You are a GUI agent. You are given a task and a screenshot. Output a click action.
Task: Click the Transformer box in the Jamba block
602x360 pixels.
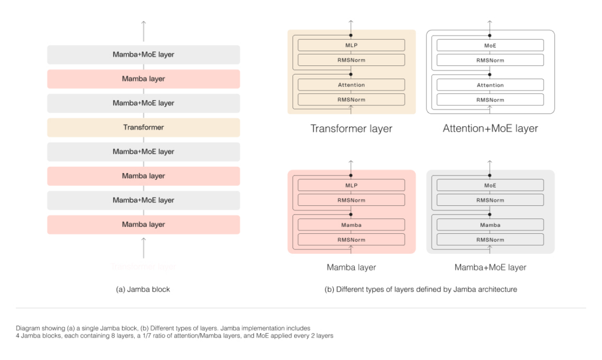tap(143, 127)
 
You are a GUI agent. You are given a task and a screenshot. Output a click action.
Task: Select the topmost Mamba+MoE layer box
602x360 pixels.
tap(143, 54)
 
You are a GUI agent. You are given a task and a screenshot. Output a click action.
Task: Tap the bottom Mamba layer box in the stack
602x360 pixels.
tap(143, 225)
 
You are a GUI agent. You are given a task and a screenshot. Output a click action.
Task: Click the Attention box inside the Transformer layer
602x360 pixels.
tap(351, 85)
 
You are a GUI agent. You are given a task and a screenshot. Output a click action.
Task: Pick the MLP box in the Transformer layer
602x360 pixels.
tap(351, 45)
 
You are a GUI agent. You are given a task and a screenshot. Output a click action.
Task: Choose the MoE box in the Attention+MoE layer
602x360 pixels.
tap(490, 45)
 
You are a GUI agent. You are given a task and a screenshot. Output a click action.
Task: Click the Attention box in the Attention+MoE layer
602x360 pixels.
tap(490, 85)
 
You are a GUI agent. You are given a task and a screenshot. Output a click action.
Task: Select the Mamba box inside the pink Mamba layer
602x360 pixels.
tap(351, 225)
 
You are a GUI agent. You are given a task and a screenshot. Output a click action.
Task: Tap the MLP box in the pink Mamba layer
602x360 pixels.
tap(351, 185)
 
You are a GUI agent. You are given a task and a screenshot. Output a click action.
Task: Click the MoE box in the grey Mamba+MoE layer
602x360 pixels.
tap(490, 185)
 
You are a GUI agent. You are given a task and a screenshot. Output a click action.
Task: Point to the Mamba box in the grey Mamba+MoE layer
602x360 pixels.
tap(490, 225)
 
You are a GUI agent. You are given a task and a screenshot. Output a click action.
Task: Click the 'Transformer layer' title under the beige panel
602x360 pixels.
tap(351, 128)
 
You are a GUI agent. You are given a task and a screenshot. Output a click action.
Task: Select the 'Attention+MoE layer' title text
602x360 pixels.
tap(490, 128)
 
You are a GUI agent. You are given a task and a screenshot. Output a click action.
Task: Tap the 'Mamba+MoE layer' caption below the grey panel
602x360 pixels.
tap(490, 267)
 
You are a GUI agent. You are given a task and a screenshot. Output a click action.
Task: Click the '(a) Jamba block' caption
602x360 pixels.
tap(143, 289)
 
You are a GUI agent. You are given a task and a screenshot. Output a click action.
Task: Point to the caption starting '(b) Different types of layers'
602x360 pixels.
tap(421, 289)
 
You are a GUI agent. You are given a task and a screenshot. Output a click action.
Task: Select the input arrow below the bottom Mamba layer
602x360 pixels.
tap(143, 247)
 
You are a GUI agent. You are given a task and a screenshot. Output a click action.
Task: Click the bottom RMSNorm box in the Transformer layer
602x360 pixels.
tap(351, 100)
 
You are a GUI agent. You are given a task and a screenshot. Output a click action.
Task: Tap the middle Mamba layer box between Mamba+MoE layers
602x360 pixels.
tap(143, 176)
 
